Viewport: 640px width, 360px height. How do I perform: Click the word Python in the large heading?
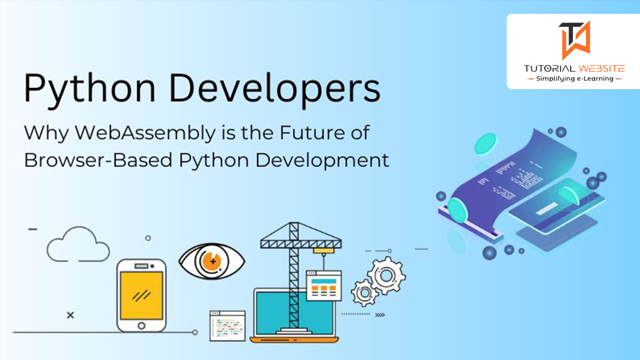coord(90,89)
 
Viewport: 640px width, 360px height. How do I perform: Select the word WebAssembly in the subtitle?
coord(145,133)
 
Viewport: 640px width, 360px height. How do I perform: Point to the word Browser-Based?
coord(98,160)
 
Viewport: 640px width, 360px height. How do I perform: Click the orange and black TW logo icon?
coord(574,40)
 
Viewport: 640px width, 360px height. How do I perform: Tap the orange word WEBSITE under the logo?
coord(602,69)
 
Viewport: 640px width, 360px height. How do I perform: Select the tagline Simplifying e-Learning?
coord(574,78)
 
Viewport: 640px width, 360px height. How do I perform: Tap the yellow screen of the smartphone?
coord(141,295)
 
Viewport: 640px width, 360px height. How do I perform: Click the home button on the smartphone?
coord(141,325)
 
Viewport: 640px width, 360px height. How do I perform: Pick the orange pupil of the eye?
coord(212,261)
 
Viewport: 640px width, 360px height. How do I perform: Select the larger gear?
coord(386,275)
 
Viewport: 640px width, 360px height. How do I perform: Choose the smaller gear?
coord(365,293)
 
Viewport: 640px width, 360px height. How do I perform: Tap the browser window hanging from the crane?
coord(324,285)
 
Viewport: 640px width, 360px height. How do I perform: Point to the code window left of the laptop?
coord(227,326)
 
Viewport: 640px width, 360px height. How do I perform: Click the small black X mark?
coord(70,315)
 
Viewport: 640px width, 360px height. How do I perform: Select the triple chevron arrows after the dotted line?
coord(380,315)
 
